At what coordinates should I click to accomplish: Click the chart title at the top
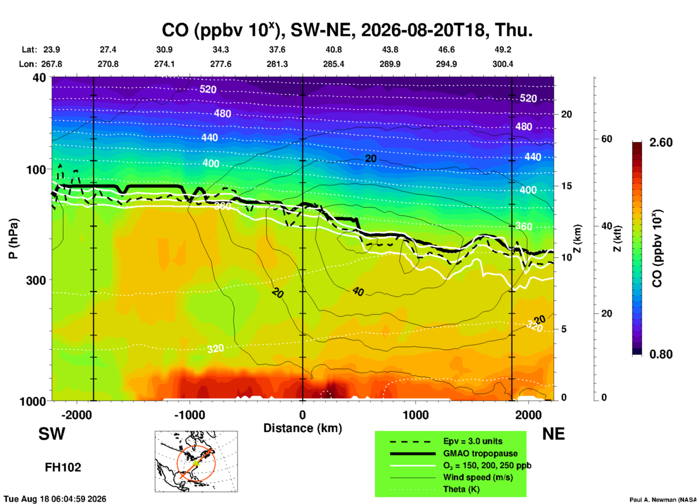click(x=347, y=30)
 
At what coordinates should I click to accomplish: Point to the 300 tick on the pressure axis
click(x=36, y=280)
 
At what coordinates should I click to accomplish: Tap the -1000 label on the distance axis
click(x=190, y=415)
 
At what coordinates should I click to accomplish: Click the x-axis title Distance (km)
click(x=303, y=428)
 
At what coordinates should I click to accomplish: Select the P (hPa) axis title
click(x=13, y=239)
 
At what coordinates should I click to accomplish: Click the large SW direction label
click(x=52, y=434)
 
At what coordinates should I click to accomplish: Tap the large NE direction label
click(x=553, y=434)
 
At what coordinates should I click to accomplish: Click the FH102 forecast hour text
click(x=63, y=467)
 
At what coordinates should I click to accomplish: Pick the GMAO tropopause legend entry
click(x=480, y=453)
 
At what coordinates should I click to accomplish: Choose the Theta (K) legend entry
click(x=461, y=490)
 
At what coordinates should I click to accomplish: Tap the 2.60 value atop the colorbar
click(x=661, y=142)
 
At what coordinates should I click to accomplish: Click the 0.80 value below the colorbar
click(x=661, y=354)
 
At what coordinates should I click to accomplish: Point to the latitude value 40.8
click(x=334, y=50)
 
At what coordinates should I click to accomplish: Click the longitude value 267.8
click(x=52, y=64)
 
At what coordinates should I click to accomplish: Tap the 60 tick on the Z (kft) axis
click(x=606, y=139)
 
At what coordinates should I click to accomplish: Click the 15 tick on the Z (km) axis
click(x=566, y=186)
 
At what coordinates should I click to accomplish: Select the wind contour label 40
click(x=358, y=291)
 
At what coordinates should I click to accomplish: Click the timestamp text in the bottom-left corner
click(x=55, y=499)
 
